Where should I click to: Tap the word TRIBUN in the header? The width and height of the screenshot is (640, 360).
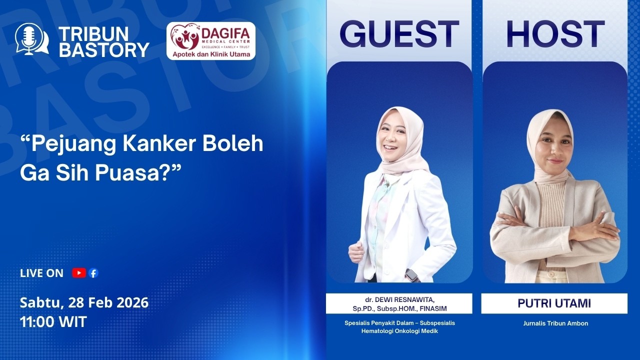tap(93, 34)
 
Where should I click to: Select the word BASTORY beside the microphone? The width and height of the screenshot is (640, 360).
tap(103, 49)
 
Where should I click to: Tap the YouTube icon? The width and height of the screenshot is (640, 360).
tap(78, 273)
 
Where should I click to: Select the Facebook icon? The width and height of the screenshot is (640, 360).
tap(93, 273)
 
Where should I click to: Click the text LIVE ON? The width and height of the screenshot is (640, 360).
tap(41, 273)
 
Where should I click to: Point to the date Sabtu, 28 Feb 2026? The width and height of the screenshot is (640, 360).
tap(84, 302)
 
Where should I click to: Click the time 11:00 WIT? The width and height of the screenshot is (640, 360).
tap(53, 321)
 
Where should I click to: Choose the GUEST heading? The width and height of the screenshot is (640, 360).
tap(399, 34)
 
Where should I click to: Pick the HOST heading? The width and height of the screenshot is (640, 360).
tap(555, 34)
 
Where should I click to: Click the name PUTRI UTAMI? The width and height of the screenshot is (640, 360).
tap(554, 303)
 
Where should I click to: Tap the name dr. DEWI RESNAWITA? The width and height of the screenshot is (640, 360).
tap(399, 299)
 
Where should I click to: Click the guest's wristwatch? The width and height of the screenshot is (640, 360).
tap(411, 275)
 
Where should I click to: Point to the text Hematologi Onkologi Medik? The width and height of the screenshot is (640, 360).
tap(399, 331)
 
